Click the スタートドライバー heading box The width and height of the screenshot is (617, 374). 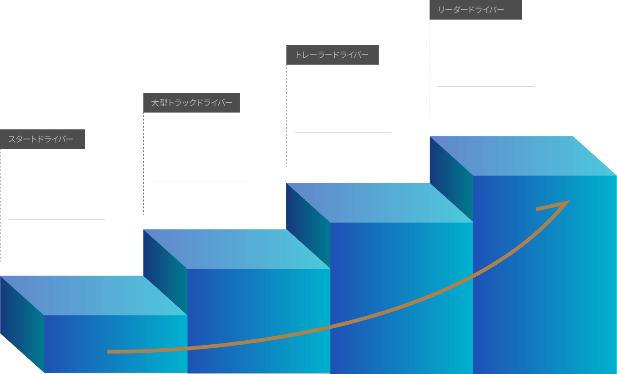[x=43, y=139]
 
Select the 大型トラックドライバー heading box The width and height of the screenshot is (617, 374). [x=191, y=103]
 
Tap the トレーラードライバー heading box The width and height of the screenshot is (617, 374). [x=332, y=55]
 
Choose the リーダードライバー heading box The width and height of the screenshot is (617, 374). [x=475, y=10]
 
